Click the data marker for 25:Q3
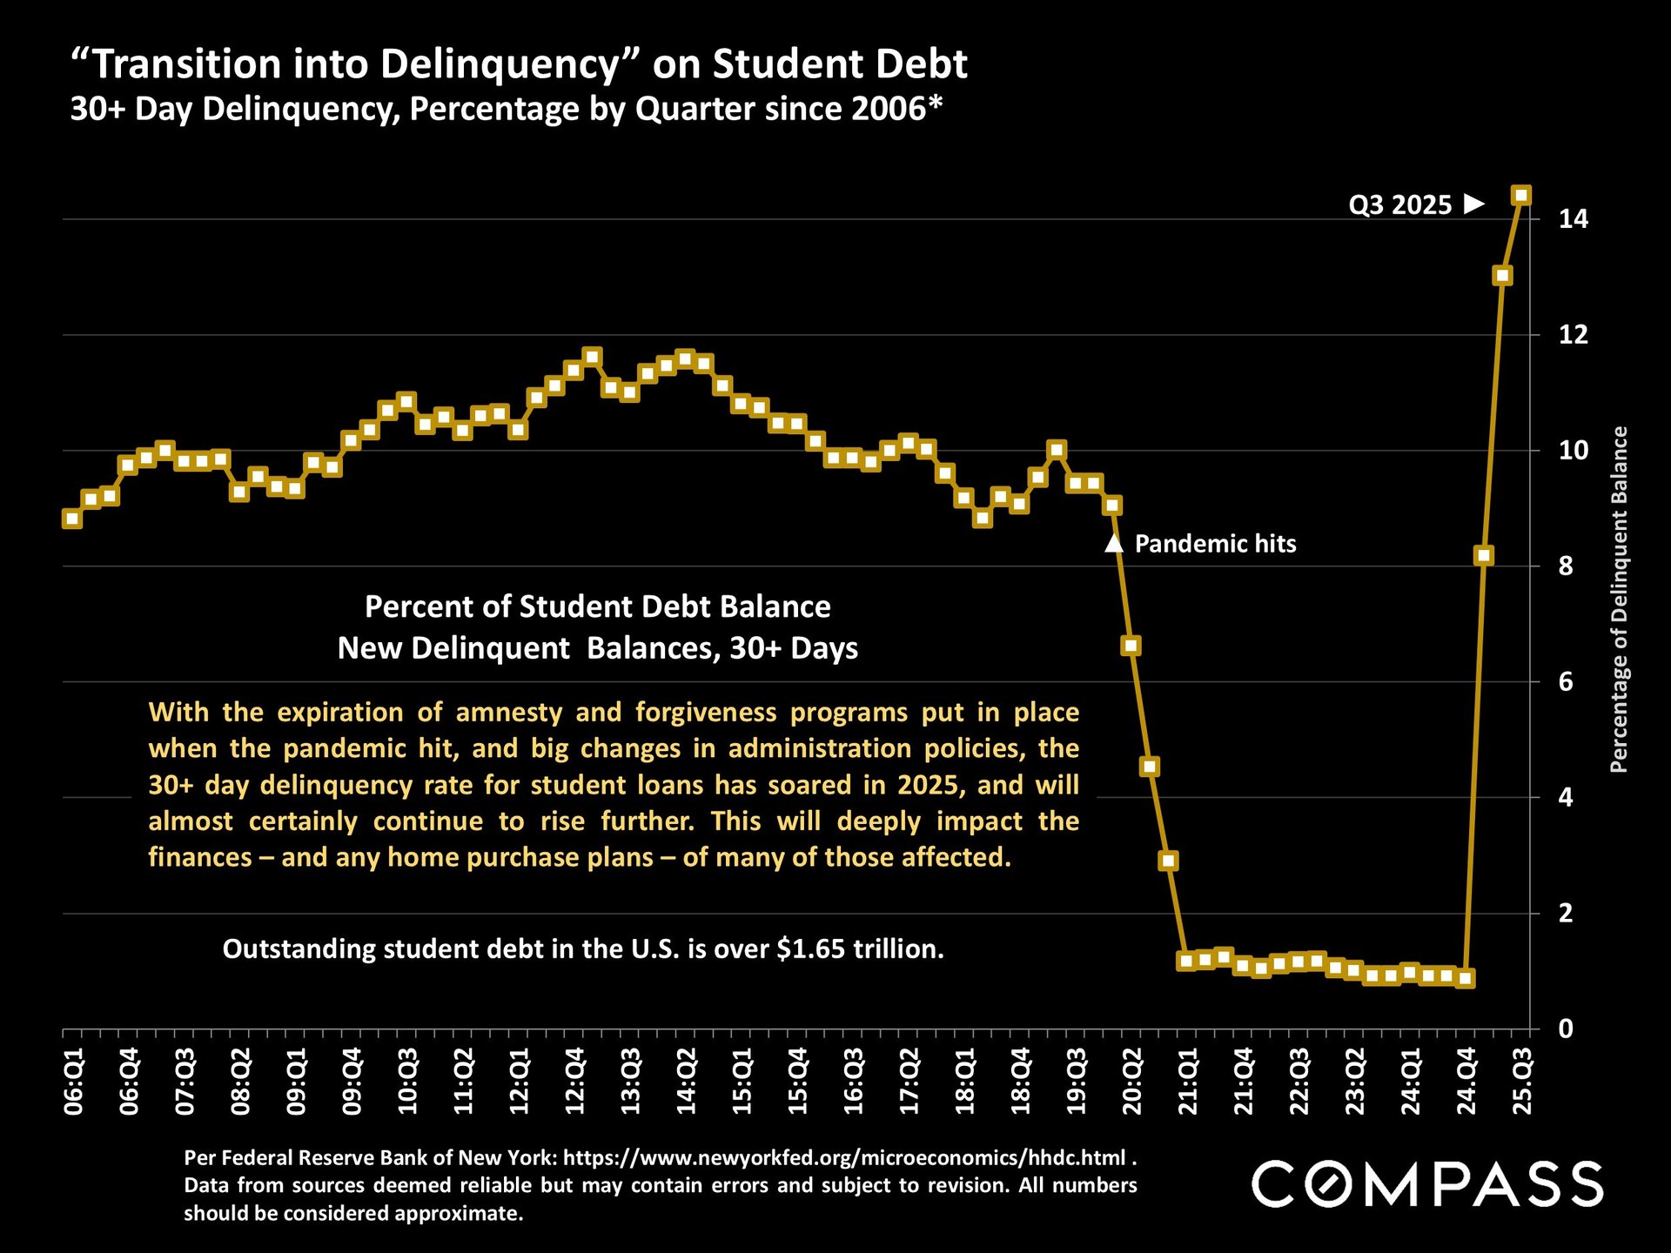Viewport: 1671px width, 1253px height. click(x=1521, y=195)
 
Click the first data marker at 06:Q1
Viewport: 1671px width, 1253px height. click(x=72, y=519)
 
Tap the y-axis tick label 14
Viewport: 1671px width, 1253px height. click(x=1573, y=218)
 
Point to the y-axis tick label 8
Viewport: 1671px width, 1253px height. click(x=1566, y=566)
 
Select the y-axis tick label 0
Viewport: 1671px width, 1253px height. click(x=1566, y=1029)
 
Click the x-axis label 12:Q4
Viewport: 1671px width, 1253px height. click(x=575, y=1082)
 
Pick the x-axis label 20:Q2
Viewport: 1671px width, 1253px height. click(x=1132, y=1082)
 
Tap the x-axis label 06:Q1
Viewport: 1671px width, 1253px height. click(x=74, y=1082)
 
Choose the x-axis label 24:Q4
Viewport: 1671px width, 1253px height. click(x=1466, y=1082)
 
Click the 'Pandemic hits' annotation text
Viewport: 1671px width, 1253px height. click(x=1215, y=544)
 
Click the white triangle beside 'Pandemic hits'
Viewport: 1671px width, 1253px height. click(x=1113, y=544)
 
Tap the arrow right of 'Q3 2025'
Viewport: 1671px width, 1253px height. click(x=1474, y=204)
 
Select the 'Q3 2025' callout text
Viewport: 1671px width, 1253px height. click(x=1399, y=204)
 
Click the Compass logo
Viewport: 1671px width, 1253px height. click(x=1427, y=1184)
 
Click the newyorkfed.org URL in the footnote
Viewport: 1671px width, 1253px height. click(x=844, y=1157)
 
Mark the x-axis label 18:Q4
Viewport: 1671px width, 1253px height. click(x=1021, y=1082)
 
